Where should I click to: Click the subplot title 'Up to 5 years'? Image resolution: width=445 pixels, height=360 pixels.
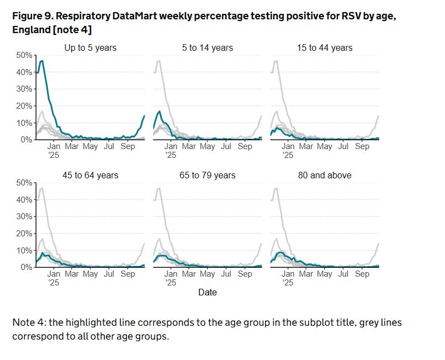point(91,48)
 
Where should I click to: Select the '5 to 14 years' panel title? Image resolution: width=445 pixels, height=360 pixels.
point(208,48)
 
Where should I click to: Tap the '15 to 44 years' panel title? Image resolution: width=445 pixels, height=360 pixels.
point(325,48)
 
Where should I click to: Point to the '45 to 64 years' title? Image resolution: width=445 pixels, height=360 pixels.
point(91,176)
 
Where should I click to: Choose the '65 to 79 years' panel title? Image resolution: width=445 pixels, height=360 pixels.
point(208,176)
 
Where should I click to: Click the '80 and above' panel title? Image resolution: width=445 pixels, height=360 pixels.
point(325,176)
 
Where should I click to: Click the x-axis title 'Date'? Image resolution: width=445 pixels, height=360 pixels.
point(208,292)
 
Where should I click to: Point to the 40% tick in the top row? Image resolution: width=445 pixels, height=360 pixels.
point(24,72)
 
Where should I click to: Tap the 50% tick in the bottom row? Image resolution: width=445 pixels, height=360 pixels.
point(24,183)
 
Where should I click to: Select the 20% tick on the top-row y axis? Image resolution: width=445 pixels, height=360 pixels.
point(24,106)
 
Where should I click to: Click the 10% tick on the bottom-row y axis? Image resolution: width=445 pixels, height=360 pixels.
point(24,251)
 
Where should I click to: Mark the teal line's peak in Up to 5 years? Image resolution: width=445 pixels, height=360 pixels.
point(42,61)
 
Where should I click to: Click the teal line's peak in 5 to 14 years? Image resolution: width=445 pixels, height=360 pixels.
point(160,112)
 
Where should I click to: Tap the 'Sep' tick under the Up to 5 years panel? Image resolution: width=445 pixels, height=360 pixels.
point(128,147)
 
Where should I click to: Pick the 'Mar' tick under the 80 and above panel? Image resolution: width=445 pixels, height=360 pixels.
point(306,274)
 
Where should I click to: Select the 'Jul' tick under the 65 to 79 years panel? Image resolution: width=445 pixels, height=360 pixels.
point(226,274)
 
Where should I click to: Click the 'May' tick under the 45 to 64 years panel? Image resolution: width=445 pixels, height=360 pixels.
point(91,274)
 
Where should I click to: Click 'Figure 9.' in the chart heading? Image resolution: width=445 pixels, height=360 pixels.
point(31,16)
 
